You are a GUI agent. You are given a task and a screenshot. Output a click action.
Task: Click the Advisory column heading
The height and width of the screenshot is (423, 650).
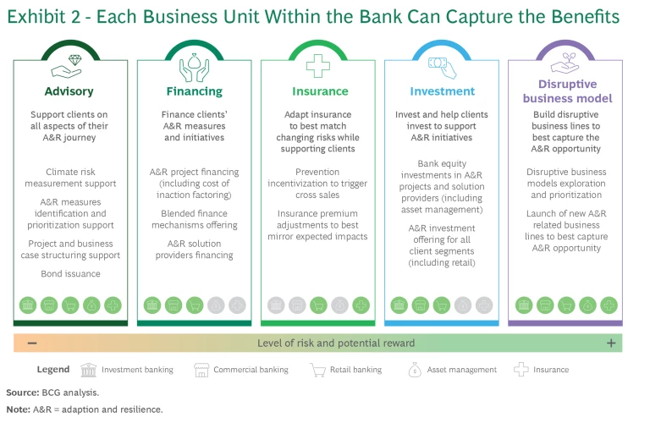[x=69, y=91]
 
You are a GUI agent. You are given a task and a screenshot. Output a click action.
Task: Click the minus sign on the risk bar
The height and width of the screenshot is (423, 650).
[x=31, y=343]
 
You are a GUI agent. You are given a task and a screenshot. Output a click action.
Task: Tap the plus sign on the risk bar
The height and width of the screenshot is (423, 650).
[x=610, y=343]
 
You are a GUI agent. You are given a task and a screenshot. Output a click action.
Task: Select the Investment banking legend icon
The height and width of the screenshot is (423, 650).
[x=88, y=370]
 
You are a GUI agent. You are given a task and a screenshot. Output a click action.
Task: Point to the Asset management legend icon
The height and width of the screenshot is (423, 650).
[x=415, y=370]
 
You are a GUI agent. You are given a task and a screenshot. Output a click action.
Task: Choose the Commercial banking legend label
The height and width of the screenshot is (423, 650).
[x=251, y=370]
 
